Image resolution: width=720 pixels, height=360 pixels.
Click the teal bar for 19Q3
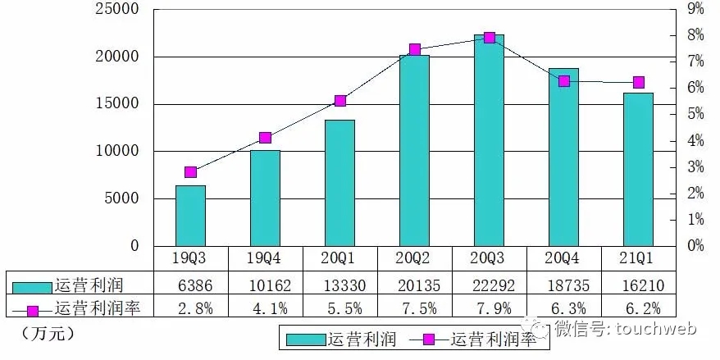coord(190,216)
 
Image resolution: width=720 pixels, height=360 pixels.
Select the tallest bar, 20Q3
coord(489,140)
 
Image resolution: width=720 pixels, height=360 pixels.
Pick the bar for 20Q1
coord(339,183)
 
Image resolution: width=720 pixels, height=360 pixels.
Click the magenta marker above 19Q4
coord(265,138)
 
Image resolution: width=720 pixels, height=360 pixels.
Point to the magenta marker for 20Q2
coord(414,50)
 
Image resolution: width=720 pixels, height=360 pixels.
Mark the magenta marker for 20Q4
coord(563,81)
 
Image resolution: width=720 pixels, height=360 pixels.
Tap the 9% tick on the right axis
coord(695,10)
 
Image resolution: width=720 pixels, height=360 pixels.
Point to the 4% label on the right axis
coord(695,141)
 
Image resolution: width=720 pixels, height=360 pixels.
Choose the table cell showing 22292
coord(489,285)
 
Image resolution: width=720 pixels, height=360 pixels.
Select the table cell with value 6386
coord(190,285)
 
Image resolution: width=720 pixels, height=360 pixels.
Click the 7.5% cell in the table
coord(414,309)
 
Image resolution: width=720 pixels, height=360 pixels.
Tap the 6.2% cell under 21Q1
coord(638,309)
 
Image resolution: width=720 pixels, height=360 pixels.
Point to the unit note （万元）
coord(45,335)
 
